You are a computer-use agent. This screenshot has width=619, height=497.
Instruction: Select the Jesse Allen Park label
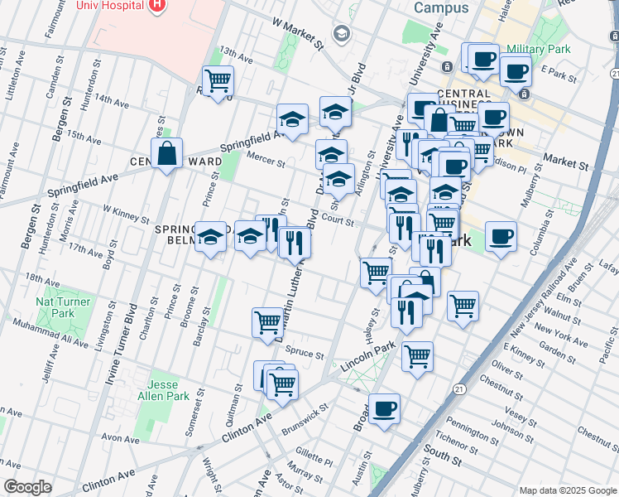pos(169,391)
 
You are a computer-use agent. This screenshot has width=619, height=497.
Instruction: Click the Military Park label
pos(538,50)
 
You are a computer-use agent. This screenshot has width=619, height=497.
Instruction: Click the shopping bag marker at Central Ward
pos(167,153)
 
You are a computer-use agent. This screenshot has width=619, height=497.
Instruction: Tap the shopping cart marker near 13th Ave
pos(218,81)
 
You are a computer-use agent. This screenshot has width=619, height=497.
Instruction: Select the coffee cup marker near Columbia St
pos(501,238)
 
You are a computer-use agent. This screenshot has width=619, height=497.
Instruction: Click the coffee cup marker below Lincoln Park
pos(385,408)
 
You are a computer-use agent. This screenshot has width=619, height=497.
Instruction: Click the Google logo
pos(27,487)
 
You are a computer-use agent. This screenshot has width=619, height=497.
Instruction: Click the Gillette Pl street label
pos(314,457)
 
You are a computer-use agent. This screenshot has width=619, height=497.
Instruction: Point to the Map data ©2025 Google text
pos(567,490)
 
